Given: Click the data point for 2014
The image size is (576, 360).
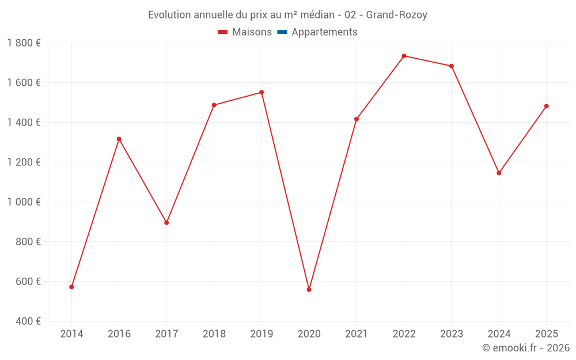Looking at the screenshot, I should tap(71, 287).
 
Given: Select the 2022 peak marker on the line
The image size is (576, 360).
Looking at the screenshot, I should tap(404, 56).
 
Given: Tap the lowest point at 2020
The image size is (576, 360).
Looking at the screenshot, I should tap(309, 290).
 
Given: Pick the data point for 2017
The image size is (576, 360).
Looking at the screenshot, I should tap(166, 222).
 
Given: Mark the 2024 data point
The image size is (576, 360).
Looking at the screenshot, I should tap(499, 173).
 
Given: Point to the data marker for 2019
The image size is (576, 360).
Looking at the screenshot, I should tap(262, 92).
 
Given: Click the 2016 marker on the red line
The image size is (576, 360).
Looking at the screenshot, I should tap(119, 139).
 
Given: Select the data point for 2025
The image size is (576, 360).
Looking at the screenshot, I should tap(546, 106).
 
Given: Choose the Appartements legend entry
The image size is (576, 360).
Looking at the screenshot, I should tap(324, 32).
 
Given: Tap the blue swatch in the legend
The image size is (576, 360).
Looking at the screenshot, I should tap(282, 32).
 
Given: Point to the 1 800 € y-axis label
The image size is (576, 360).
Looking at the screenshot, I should tap(24, 43).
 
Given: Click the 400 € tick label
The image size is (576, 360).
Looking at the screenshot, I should tap(27, 321).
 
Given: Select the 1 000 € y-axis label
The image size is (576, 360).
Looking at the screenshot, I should tap(24, 202).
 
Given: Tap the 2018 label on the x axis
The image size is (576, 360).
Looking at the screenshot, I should tap(214, 334).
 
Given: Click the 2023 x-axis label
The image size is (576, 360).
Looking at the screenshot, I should tap(451, 334).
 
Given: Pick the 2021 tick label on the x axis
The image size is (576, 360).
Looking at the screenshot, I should tap(356, 334).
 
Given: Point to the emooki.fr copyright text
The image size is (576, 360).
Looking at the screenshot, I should tap(526, 348).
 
